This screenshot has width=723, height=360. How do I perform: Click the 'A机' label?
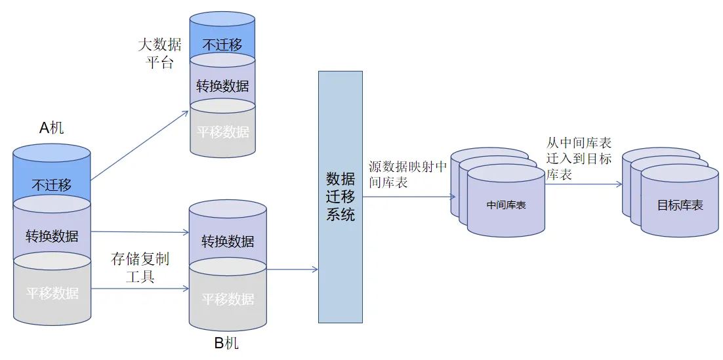(52, 127)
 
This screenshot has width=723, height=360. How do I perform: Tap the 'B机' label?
(226, 344)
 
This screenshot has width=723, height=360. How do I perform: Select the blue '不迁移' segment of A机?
(52, 184)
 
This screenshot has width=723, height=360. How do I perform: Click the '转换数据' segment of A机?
(52, 236)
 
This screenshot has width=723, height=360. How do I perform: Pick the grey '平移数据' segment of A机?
(52, 293)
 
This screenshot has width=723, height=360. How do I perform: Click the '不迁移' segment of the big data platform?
(222, 45)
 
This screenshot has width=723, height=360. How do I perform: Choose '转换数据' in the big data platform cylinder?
(222, 86)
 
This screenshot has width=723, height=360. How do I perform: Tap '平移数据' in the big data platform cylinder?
(222, 131)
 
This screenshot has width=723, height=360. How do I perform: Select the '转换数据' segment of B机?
(228, 241)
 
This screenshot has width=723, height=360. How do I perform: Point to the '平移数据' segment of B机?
(228, 299)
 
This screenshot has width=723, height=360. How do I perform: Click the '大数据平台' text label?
(159, 54)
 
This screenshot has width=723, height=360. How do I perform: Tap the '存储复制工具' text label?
(140, 268)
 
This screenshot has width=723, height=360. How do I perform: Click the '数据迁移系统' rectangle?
(341, 197)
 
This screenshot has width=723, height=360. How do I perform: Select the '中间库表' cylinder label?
(506, 205)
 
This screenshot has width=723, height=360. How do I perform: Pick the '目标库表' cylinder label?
(680, 205)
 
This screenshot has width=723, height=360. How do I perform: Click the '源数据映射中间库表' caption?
(407, 174)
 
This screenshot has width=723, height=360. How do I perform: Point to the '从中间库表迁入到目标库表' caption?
(579, 158)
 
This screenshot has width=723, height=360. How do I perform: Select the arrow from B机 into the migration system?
(293, 270)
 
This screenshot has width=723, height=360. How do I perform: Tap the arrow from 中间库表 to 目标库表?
(583, 184)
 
